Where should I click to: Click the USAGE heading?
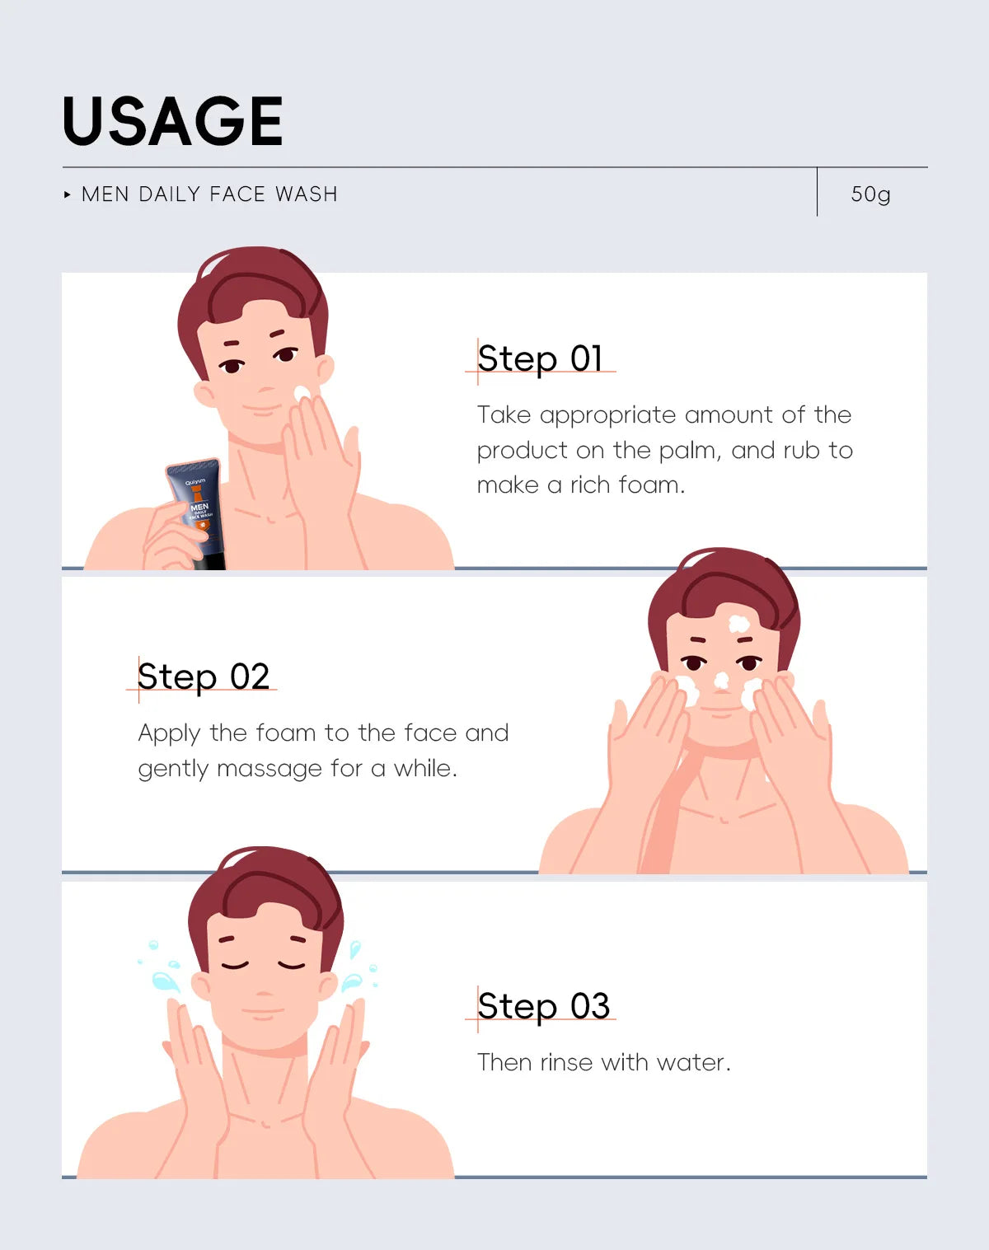tap(172, 121)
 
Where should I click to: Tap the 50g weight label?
tap(870, 194)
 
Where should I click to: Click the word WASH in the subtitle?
tap(307, 194)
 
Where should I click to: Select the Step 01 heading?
tap(539, 358)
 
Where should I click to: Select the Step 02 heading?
tap(204, 676)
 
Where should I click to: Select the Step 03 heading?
tap(543, 1006)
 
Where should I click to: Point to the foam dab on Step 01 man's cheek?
tap(302, 393)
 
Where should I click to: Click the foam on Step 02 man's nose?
tap(721, 680)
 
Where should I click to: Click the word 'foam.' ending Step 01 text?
tap(651, 485)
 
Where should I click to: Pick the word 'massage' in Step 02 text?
tap(270, 769)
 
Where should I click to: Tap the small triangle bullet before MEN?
tap(68, 194)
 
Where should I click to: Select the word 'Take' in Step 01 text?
tap(504, 414)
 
